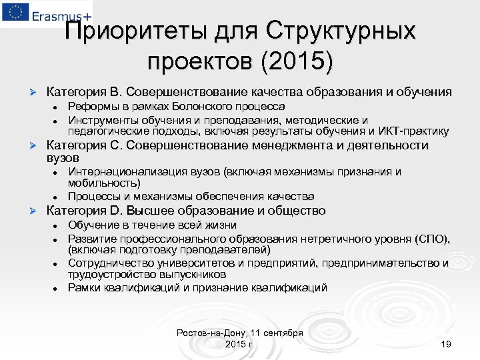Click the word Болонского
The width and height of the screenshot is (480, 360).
tap(205, 106)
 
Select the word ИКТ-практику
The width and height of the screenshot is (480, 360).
tap(415, 131)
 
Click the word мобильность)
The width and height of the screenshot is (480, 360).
tap(104, 183)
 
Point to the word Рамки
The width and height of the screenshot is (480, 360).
tap(83, 288)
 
